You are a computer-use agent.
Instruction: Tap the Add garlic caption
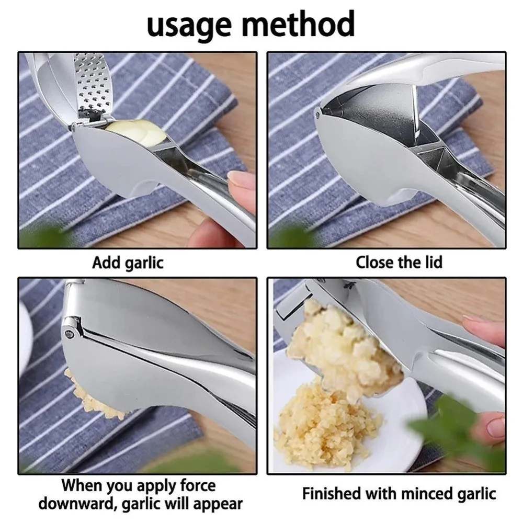tap(128, 262)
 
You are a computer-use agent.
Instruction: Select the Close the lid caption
tap(399, 262)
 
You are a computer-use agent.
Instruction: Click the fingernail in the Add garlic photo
tap(241, 180)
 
